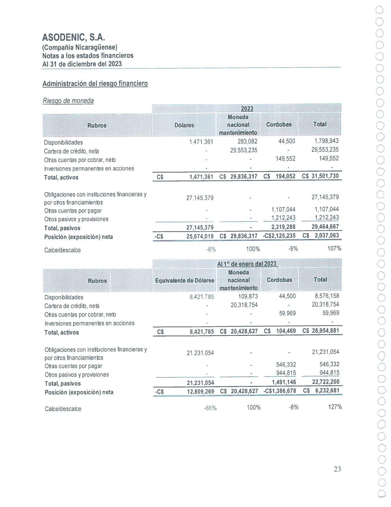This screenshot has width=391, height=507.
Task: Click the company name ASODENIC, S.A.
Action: click(x=74, y=37)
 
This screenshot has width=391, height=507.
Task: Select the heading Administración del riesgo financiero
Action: click(x=95, y=84)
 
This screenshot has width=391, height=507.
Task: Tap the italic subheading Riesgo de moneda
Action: click(x=68, y=101)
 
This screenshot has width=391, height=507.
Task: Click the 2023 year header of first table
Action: click(x=247, y=108)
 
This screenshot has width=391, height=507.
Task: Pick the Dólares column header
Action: click(x=184, y=125)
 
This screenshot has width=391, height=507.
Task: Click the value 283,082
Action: click(x=247, y=141)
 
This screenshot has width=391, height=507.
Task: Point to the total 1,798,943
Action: click(x=327, y=141)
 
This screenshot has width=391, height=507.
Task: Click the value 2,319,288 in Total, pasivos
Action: click(x=283, y=227)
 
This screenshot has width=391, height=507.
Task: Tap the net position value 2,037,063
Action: click(x=327, y=235)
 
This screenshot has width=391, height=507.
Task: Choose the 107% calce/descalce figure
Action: click(x=334, y=248)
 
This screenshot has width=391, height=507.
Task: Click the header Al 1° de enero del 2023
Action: click(x=247, y=264)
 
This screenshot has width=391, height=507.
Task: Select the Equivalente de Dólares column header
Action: click(x=185, y=280)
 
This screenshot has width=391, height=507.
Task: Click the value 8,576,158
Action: click(x=327, y=296)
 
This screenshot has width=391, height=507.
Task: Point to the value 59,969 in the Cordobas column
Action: click(x=287, y=313)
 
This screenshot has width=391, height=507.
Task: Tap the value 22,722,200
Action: click(x=326, y=382)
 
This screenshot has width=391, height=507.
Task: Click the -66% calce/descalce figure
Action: click(x=210, y=408)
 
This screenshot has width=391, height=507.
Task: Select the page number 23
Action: click(x=337, y=469)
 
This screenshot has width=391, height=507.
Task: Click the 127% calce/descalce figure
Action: click(x=335, y=407)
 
